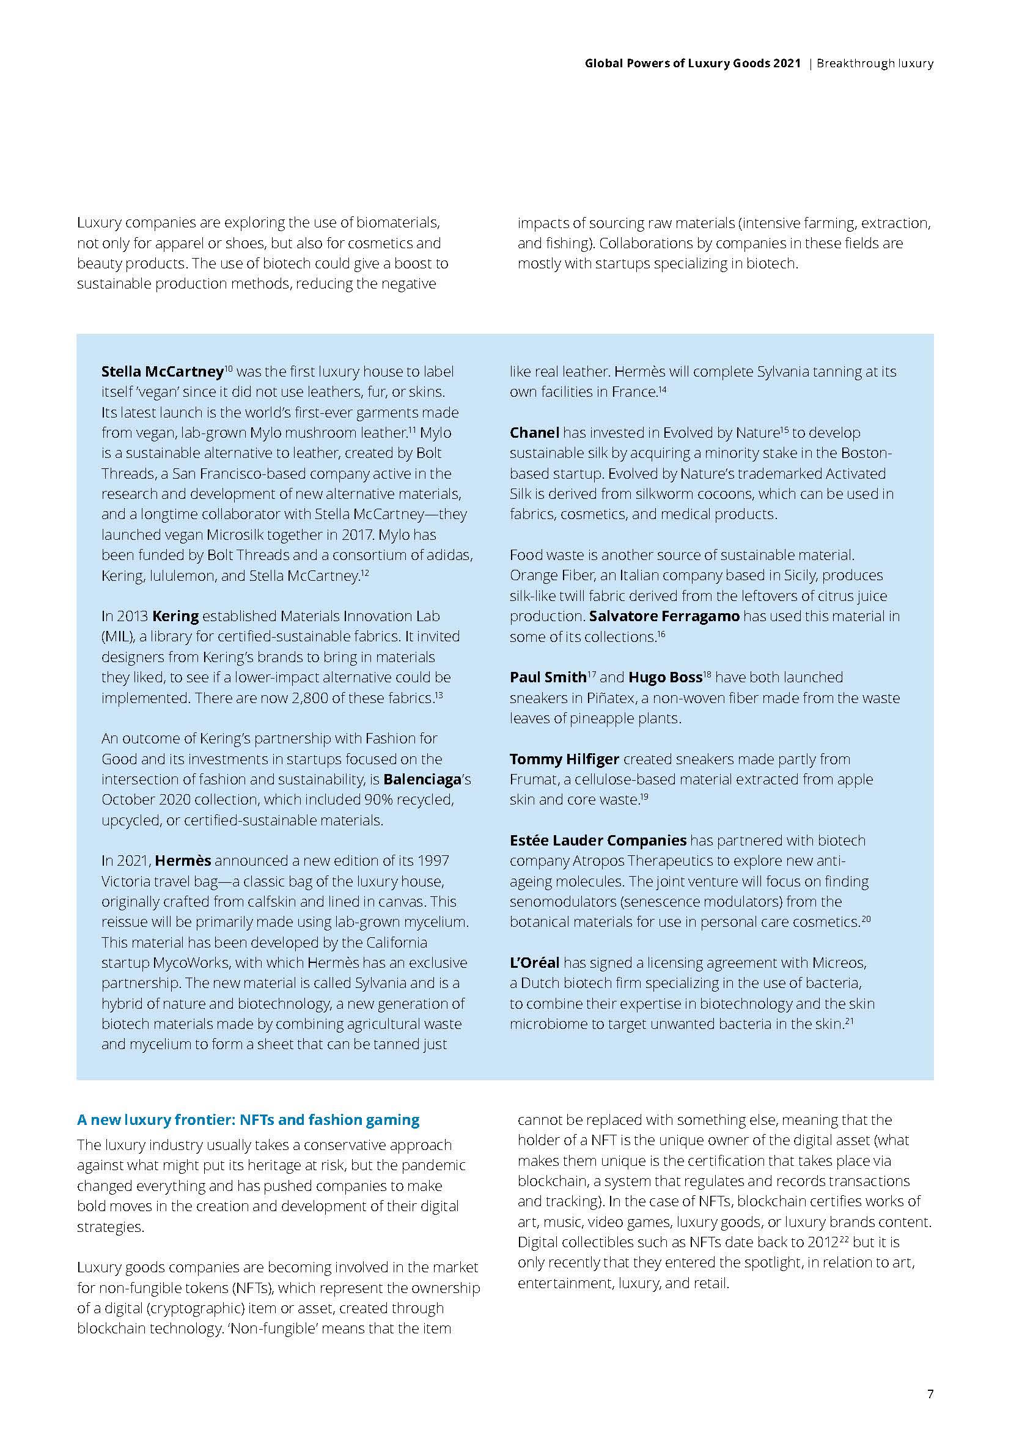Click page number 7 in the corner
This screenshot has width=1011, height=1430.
click(x=930, y=1393)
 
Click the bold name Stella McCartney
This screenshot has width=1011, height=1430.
click(x=162, y=372)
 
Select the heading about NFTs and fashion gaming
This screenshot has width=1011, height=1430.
click(x=248, y=1120)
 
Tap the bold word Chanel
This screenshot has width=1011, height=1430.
click(x=534, y=433)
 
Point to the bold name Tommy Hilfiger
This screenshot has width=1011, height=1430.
click(x=564, y=759)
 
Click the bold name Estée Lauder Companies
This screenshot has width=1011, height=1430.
click(x=598, y=841)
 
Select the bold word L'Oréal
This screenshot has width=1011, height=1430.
click(x=534, y=963)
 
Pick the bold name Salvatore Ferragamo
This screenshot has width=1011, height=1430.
click(x=664, y=617)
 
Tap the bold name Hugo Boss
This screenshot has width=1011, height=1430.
click(x=664, y=677)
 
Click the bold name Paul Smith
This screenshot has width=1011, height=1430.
click(x=548, y=677)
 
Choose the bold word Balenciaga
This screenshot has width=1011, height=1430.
click(x=422, y=779)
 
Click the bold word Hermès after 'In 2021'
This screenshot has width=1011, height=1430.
click(x=183, y=861)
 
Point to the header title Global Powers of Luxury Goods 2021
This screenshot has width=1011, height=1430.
click(x=693, y=64)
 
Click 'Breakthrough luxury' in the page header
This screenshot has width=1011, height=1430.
click(x=875, y=64)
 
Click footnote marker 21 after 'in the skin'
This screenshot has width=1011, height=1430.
click(x=848, y=1022)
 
